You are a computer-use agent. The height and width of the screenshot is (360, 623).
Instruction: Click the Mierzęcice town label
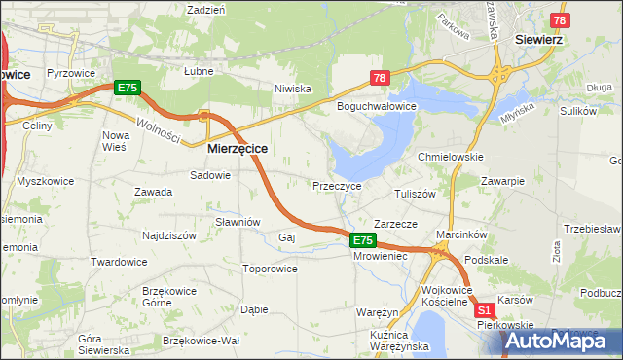click(238, 149)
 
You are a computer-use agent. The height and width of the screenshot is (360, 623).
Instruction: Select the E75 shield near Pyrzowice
click(127, 88)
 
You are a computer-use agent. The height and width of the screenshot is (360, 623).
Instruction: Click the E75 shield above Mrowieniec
click(362, 240)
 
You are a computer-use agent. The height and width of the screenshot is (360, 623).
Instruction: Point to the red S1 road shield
click(485, 310)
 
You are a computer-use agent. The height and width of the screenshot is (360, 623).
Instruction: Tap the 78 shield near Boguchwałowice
click(380, 78)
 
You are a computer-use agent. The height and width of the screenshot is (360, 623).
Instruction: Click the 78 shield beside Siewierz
click(560, 19)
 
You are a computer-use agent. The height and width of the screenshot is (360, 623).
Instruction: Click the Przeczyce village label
click(337, 185)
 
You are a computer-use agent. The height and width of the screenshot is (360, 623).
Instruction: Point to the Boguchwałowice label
click(377, 106)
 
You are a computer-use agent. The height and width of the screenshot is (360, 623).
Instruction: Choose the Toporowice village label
click(270, 268)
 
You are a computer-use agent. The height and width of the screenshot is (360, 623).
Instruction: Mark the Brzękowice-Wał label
click(201, 341)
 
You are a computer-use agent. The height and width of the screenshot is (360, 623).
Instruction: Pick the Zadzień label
click(206, 9)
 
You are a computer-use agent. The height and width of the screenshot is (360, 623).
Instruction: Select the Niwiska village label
click(292, 89)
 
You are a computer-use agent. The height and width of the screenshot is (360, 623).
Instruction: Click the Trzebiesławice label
click(594, 229)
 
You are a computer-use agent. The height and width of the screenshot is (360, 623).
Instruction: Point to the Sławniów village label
click(238, 221)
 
